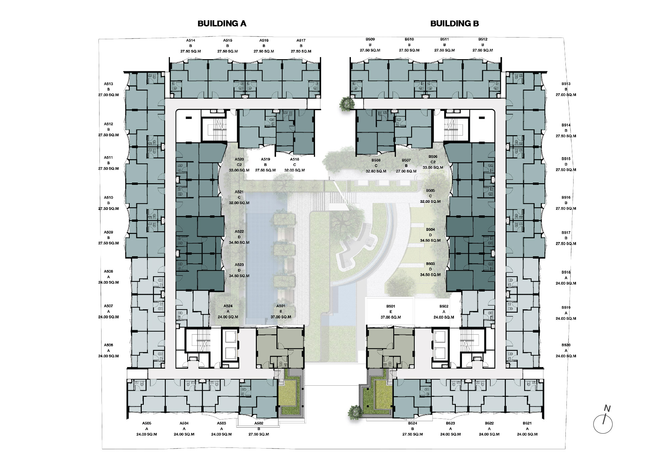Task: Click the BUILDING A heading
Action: [222, 23]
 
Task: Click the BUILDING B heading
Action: [454, 23]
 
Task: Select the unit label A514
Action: [191, 40]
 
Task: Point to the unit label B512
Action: [483, 39]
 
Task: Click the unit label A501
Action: [281, 306]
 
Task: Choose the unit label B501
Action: [390, 306]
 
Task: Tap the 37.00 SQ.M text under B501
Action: [390, 317]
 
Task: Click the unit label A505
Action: [147, 423]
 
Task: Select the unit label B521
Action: [527, 423]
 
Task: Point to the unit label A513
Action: [108, 84]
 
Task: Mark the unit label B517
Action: [566, 233]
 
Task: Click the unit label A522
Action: [239, 232]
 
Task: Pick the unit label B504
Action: [430, 230]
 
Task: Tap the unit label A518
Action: [294, 159]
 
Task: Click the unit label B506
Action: [433, 156]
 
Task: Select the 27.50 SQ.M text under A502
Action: [259, 434]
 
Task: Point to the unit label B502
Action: [444, 306]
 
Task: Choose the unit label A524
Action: [228, 306]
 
